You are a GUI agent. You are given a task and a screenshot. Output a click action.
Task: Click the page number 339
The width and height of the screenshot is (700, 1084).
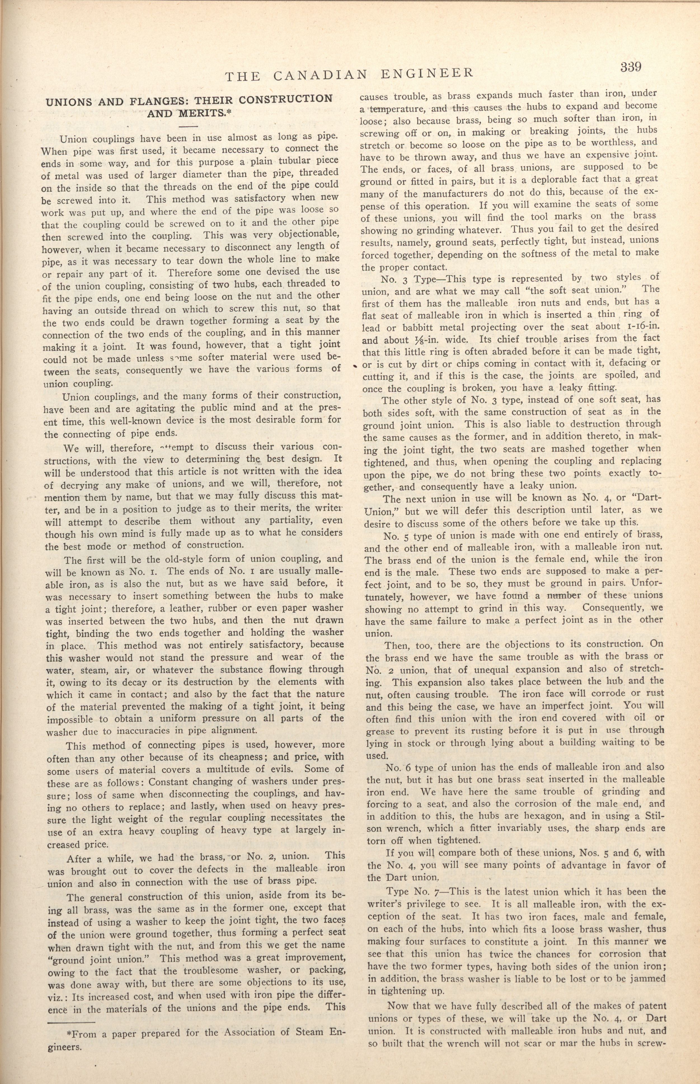[630, 67]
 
